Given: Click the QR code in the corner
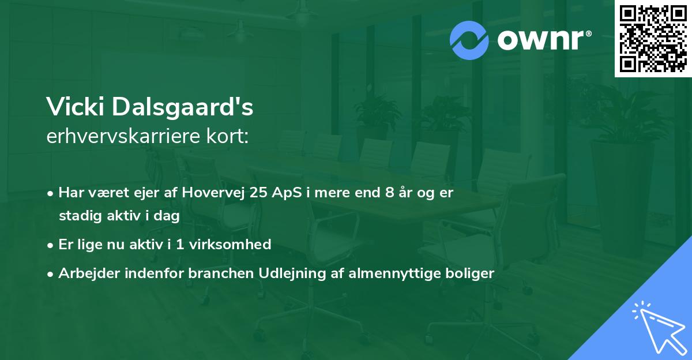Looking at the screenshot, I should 653,38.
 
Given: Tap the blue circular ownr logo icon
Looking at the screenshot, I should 469,40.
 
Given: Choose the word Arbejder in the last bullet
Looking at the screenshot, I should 84,273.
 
